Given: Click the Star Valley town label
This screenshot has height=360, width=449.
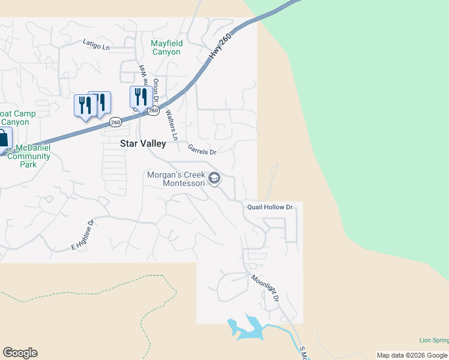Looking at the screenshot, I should tap(143, 144).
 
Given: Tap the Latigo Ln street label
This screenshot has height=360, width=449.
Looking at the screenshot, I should tap(97, 45).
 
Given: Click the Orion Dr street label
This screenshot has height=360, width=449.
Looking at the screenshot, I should tap(156, 90).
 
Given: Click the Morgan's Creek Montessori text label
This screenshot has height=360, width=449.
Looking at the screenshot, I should tap(176, 179).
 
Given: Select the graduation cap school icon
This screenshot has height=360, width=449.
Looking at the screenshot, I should tap(214, 178).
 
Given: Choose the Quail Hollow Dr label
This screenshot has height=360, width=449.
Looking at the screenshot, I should tap(270, 208).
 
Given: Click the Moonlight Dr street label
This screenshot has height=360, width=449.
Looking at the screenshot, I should tap(266, 288).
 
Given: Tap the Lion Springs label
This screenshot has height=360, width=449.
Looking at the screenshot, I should tap(433, 341).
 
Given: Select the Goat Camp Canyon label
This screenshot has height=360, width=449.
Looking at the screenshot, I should tap(15, 118).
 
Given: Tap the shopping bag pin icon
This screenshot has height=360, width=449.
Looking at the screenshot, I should tap(2, 137).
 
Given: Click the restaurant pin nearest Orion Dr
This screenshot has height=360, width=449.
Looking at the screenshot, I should tap(139, 97).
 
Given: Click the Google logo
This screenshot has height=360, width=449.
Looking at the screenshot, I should tap(20, 353).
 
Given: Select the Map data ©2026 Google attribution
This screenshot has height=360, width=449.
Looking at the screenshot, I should tap(412, 355).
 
